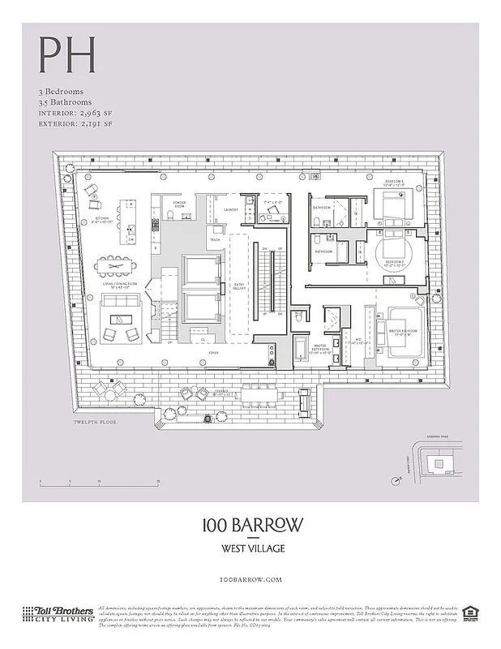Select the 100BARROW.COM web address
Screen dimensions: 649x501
tap(251, 579)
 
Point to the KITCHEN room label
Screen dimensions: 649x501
tap(102, 219)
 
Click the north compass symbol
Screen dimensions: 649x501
tap(396, 480)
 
